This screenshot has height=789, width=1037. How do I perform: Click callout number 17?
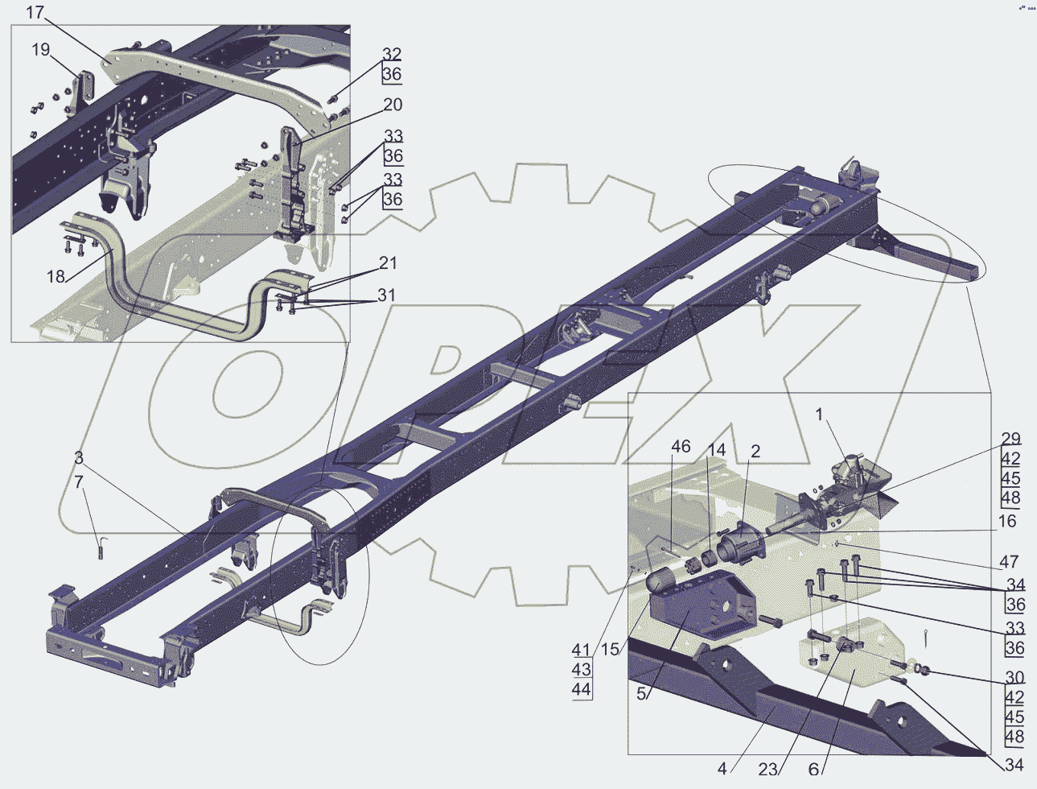pyautogui.click(x=35, y=13)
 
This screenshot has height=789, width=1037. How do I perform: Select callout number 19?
pyautogui.click(x=41, y=50)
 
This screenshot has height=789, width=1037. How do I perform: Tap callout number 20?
pyautogui.click(x=393, y=105)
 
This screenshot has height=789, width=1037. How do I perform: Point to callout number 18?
pyautogui.click(x=56, y=276)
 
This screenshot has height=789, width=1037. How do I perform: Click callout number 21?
pyautogui.click(x=388, y=263)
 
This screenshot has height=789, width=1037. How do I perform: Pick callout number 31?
pyautogui.click(x=387, y=295)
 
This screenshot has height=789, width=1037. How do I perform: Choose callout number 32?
pyautogui.click(x=392, y=55)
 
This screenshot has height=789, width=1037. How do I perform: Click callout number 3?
pyautogui.click(x=78, y=458)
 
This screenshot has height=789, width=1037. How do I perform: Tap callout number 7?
pyautogui.click(x=78, y=482)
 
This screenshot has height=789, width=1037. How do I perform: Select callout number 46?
pyautogui.click(x=681, y=447)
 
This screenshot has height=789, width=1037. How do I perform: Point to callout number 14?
pyautogui.click(x=716, y=450)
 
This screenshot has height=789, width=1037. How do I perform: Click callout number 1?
pyautogui.click(x=820, y=415)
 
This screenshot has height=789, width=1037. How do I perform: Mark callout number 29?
pyautogui.click(x=1010, y=440)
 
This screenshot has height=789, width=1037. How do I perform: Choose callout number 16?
pyautogui.click(x=1007, y=521)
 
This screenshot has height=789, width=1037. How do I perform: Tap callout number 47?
pyautogui.click(x=1009, y=562)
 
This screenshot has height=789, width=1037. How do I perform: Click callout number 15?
pyautogui.click(x=610, y=649)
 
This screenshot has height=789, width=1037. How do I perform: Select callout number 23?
pyautogui.click(x=767, y=769)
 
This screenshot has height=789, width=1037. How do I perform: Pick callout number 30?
pyautogui.click(x=1014, y=678)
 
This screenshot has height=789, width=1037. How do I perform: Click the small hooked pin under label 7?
pyautogui.click(x=101, y=550)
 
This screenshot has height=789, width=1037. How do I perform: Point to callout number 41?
pyautogui.click(x=581, y=650)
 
